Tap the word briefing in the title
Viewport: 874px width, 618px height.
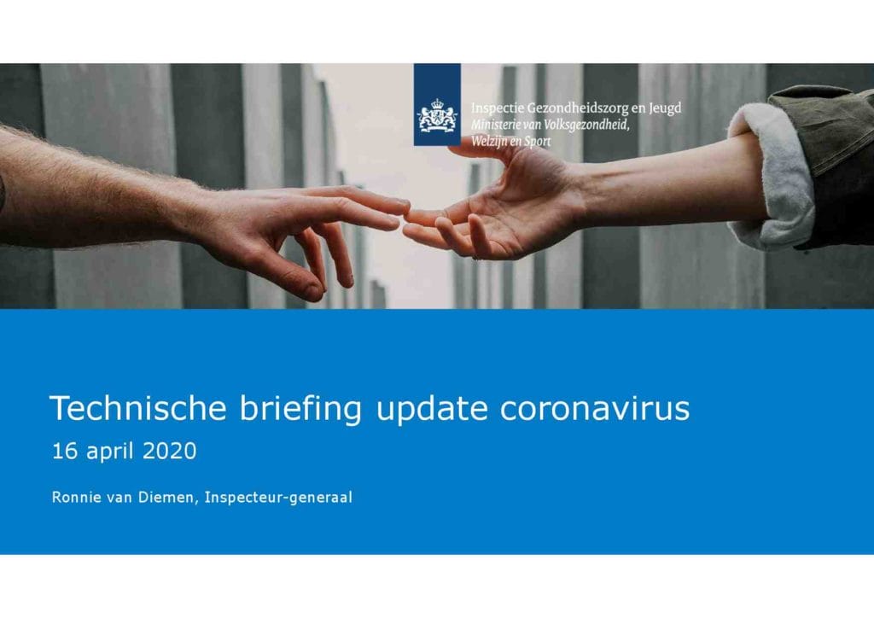[300, 409]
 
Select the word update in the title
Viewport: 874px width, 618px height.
[431, 410]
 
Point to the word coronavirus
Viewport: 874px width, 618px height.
[595, 408]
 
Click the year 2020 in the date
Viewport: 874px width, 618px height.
[170, 451]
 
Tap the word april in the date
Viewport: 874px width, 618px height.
[110, 452]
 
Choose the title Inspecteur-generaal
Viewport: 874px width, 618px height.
[278, 498]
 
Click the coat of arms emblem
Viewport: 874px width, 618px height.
[437, 116]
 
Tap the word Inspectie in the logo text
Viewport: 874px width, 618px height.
[498, 108]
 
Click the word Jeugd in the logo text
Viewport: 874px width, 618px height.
[664, 108]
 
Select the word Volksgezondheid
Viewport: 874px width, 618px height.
[586, 125]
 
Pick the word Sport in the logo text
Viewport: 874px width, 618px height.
[537, 142]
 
